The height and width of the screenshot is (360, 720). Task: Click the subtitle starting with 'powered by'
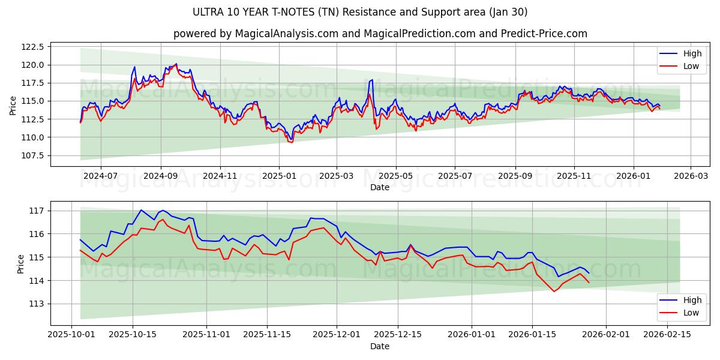380,34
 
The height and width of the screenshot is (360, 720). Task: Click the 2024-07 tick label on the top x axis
100,176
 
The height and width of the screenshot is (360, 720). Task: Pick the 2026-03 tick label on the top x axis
691,176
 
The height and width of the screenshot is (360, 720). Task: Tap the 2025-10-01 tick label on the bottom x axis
72,335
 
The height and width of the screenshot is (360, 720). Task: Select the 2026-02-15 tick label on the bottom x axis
667,335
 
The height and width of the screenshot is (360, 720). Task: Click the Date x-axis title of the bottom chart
380,346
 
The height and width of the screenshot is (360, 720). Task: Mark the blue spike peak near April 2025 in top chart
372,80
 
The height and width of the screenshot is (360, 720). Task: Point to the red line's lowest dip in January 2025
291,142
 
